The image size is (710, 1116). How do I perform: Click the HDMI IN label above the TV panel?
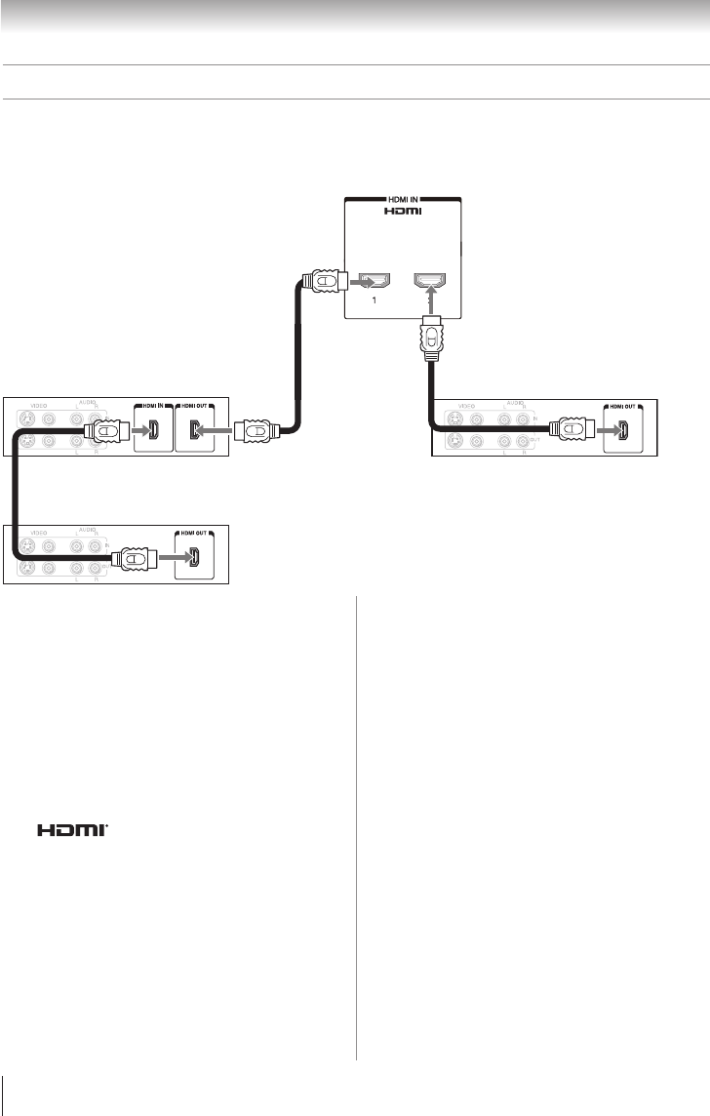click(403, 199)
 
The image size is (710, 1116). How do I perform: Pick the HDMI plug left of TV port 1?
click(323, 282)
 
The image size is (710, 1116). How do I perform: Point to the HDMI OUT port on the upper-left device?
click(195, 428)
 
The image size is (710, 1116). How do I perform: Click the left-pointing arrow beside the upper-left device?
click(217, 428)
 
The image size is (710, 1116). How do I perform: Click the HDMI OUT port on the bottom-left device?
click(195, 559)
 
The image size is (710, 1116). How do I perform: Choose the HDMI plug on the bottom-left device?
click(131, 559)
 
